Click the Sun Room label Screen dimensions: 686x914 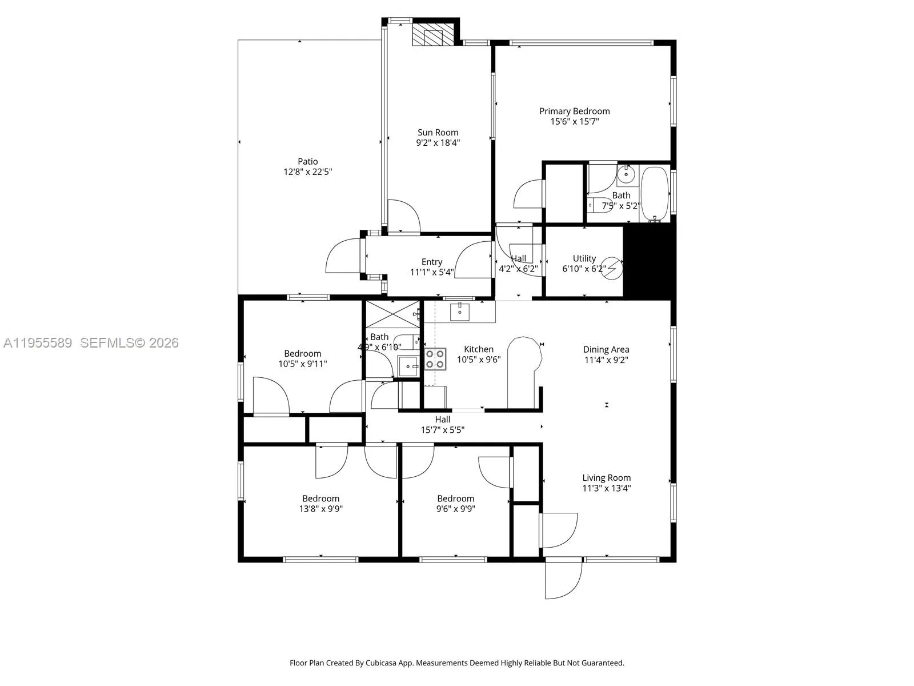point(438,133)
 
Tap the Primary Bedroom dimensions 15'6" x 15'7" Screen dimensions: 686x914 point(574,122)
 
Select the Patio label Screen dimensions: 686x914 point(307,162)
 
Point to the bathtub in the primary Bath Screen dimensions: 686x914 point(655,193)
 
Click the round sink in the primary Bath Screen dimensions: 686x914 point(627,172)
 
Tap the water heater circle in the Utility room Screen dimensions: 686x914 point(612,268)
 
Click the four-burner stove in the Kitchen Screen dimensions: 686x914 point(435,358)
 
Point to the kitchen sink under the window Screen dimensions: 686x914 point(460,312)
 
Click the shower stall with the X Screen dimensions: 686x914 point(392,314)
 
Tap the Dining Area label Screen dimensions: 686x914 point(606,350)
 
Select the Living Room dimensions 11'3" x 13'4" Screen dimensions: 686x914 point(606,488)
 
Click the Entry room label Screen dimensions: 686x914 point(432,262)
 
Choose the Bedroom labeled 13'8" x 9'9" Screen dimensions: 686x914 point(320,504)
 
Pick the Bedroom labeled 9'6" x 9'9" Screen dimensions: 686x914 point(455,504)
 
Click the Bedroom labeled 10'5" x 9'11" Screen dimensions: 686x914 point(302,358)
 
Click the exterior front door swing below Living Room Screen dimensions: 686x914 point(563,579)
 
